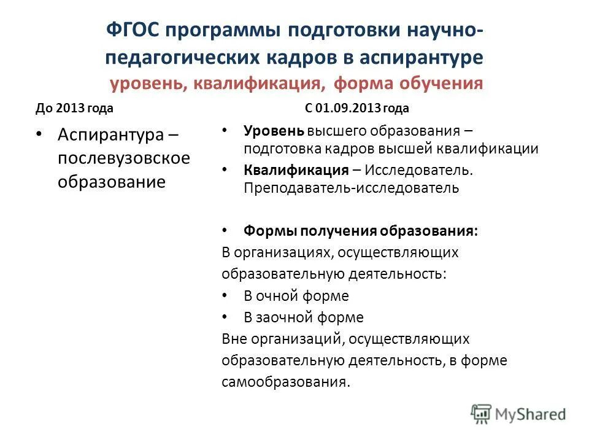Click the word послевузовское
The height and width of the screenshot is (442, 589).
point(124,158)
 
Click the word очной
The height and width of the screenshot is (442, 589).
point(279,296)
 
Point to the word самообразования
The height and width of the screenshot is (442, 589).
point(285,381)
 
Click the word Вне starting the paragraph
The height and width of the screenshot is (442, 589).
point(234,339)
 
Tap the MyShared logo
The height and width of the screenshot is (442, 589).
point(518,414)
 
